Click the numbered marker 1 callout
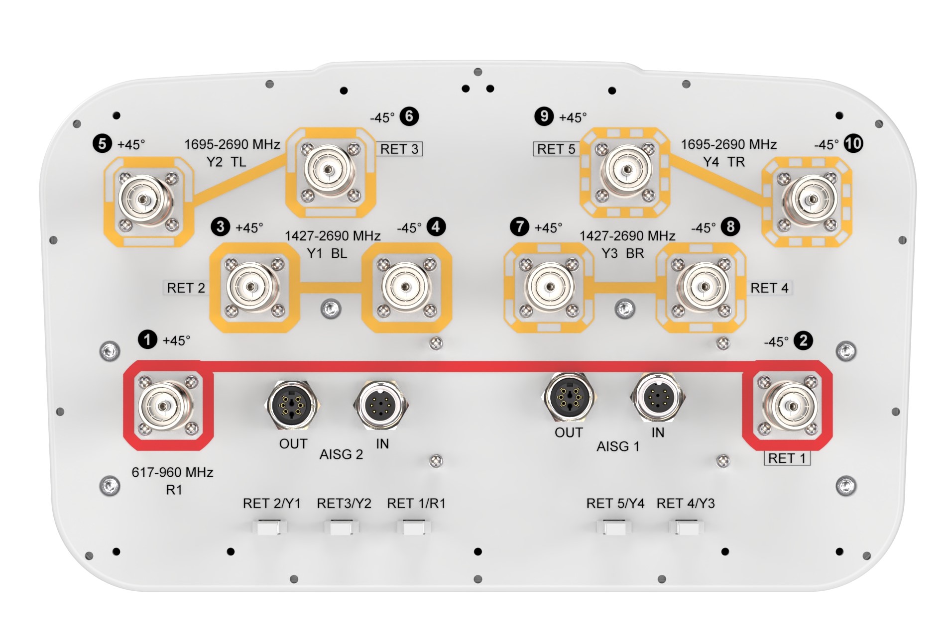click(147, 340)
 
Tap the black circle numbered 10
click(853, 144)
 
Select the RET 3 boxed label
click(399, 149)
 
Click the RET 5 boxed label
click(556, 149)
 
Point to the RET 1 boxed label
click(787, 458)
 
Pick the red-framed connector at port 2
click(788, 406)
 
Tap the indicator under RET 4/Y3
click(686, 527)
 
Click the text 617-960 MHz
click(172, 472)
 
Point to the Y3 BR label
click(622, 253)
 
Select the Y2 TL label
click(226, 162)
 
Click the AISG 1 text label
click(618, 446)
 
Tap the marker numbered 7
click(520, 227)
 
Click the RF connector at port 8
click(704, 287)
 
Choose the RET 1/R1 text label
click(416, 503)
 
